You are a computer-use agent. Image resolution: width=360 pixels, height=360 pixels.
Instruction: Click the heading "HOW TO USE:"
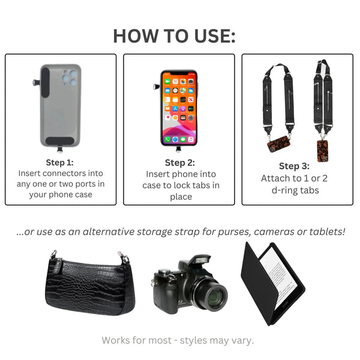point(175,36)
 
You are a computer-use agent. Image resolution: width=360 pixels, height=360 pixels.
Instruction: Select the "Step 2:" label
point(179,163)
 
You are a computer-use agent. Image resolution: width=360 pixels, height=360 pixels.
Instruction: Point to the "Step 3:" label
point(294,166)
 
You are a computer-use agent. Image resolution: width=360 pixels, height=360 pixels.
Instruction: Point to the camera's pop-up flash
point(199,260)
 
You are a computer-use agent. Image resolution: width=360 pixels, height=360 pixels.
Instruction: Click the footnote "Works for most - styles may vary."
point(178,340)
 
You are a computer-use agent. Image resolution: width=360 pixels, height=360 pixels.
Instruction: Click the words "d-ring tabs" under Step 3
point(294,190)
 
